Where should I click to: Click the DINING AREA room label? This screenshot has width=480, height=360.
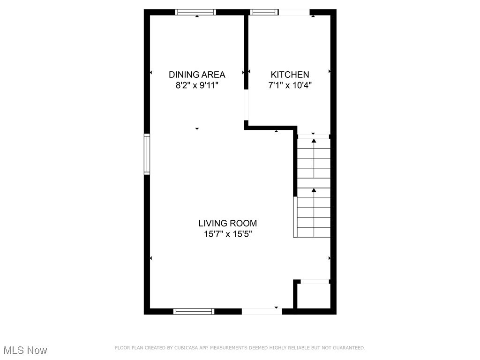[x=197, y=75]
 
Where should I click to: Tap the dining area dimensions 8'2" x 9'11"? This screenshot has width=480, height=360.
[x=197, y=85]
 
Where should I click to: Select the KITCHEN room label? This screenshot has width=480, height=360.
[x=290, y=75]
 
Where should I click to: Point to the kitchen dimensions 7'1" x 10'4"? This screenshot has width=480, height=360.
[x=290, y=85]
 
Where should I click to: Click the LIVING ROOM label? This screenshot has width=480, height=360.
[x=227, y=224]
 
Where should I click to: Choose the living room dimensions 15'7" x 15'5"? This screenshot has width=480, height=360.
[x=227, y=234]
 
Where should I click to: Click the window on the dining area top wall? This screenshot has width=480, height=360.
[x=196, y=12]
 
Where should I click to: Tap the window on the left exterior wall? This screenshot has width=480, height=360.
[x=147, y=154]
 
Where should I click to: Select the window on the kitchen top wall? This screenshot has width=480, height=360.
[x=265, y=12]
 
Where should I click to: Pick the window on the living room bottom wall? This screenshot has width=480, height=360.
[x=194, y=311]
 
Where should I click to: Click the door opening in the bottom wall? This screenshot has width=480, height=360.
[x=262, y=311]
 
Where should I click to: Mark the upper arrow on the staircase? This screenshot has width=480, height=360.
[x=314, y=141]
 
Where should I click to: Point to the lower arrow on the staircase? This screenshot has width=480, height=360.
[x=314, y=190]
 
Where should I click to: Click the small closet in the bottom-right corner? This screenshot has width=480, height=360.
[x=314, y=296]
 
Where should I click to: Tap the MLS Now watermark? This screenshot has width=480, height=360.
[x=25, y=350]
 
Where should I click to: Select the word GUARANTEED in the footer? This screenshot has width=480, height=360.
[x=348, y=348]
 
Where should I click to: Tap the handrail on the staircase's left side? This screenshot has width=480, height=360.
[x=295, y=217]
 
